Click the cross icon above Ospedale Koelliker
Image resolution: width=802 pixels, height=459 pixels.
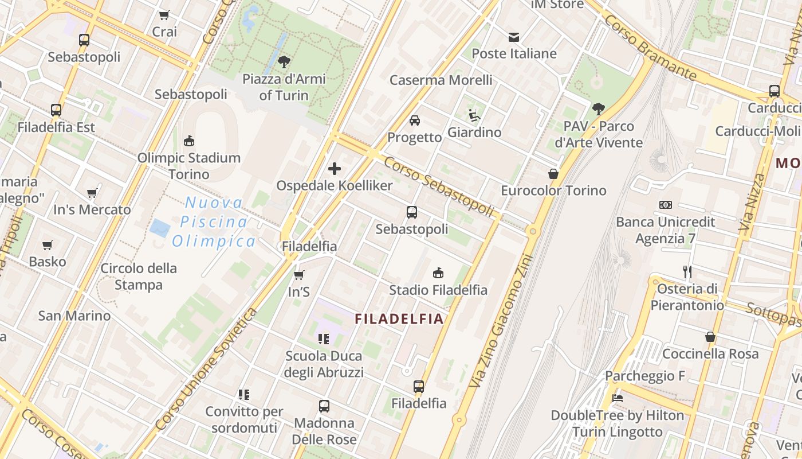tap(335, 169)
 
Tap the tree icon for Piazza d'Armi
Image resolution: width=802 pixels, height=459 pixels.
tap(284, 62)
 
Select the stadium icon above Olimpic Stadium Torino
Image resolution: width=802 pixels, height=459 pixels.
tap(188, 141)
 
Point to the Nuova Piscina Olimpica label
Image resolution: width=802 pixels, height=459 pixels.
tap(214, 222)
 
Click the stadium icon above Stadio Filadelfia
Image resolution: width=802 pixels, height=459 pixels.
tap(438, 273)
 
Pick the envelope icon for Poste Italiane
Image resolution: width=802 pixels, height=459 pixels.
tap(514, 37)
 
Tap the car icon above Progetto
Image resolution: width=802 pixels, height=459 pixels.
tap(415, 120)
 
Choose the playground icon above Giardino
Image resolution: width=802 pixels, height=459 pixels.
tap(474, 115)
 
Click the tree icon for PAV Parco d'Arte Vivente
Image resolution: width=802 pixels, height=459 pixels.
tap(599, 108)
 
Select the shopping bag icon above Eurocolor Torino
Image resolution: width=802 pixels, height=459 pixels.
tap(553, 173)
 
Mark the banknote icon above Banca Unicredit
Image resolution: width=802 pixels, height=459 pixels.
tap(666, 205)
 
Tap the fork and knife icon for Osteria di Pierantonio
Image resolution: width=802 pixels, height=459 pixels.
tap(687, 271)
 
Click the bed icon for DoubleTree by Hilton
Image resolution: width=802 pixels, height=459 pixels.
tap(617, 398)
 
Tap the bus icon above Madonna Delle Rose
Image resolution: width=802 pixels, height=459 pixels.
tap(324, 406)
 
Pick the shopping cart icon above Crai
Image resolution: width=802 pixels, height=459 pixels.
tap(164, 15)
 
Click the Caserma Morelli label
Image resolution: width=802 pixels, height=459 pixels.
tap(441, 80)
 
